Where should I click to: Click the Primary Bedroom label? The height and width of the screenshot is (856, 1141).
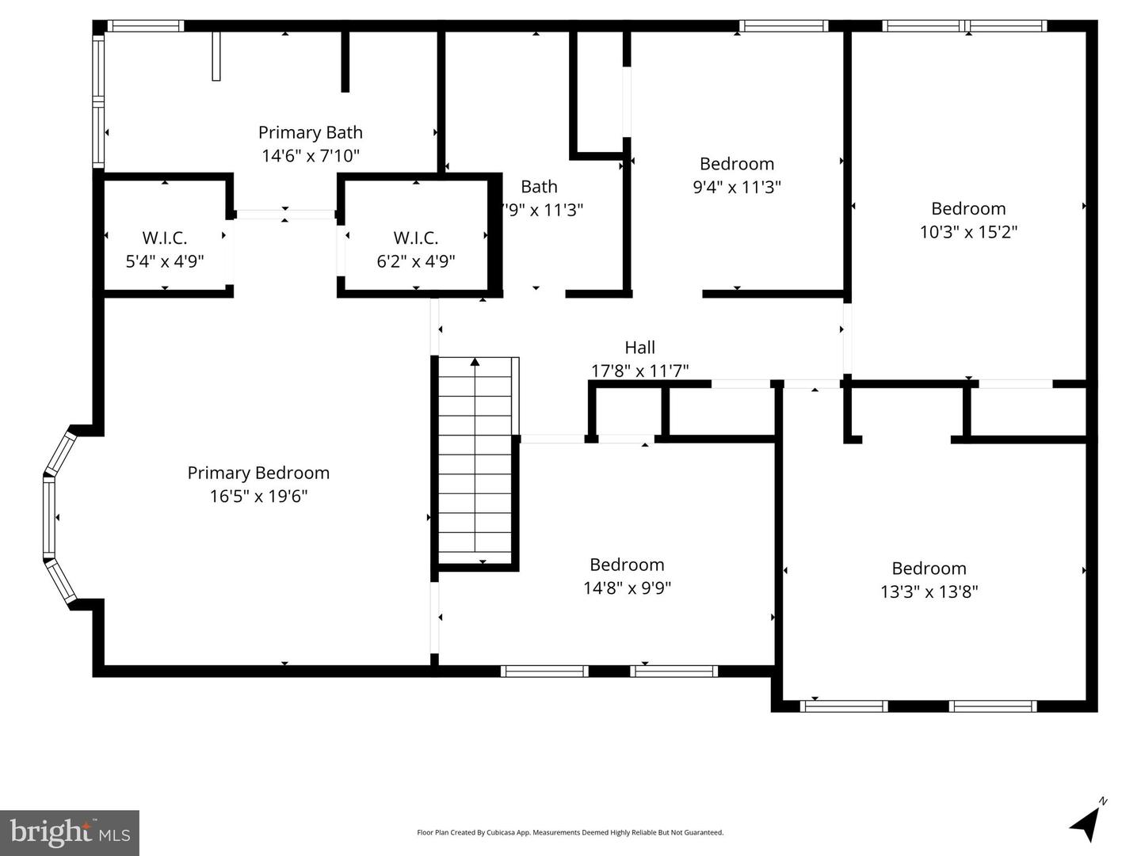[258, 473]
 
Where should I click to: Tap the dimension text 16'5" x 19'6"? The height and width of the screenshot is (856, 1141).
[258, 496]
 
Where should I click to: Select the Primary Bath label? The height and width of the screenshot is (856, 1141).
[310, 132]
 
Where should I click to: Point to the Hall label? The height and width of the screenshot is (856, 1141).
[639, 347]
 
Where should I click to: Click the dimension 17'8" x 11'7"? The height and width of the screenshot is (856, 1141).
[639, 371]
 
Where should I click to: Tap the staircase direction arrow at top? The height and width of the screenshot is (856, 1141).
[475, 363]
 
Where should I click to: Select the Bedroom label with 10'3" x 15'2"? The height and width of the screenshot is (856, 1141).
[968, 208]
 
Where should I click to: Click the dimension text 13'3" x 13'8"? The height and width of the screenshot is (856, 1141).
[929, 592]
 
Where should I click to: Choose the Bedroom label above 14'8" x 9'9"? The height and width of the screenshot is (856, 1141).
[627, 565]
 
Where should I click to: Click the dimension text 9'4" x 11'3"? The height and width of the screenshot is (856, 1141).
[736, 187]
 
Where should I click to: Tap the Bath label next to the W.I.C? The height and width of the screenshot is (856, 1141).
[539, 187]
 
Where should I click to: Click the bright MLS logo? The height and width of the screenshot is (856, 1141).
[70, 833]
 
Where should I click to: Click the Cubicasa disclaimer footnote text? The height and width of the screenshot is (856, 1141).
[570, 832]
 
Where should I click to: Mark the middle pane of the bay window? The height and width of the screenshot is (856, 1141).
[49, 517]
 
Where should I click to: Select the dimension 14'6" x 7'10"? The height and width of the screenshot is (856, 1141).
[310, 156]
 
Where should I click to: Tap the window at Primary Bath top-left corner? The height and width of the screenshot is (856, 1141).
[145, 26]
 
